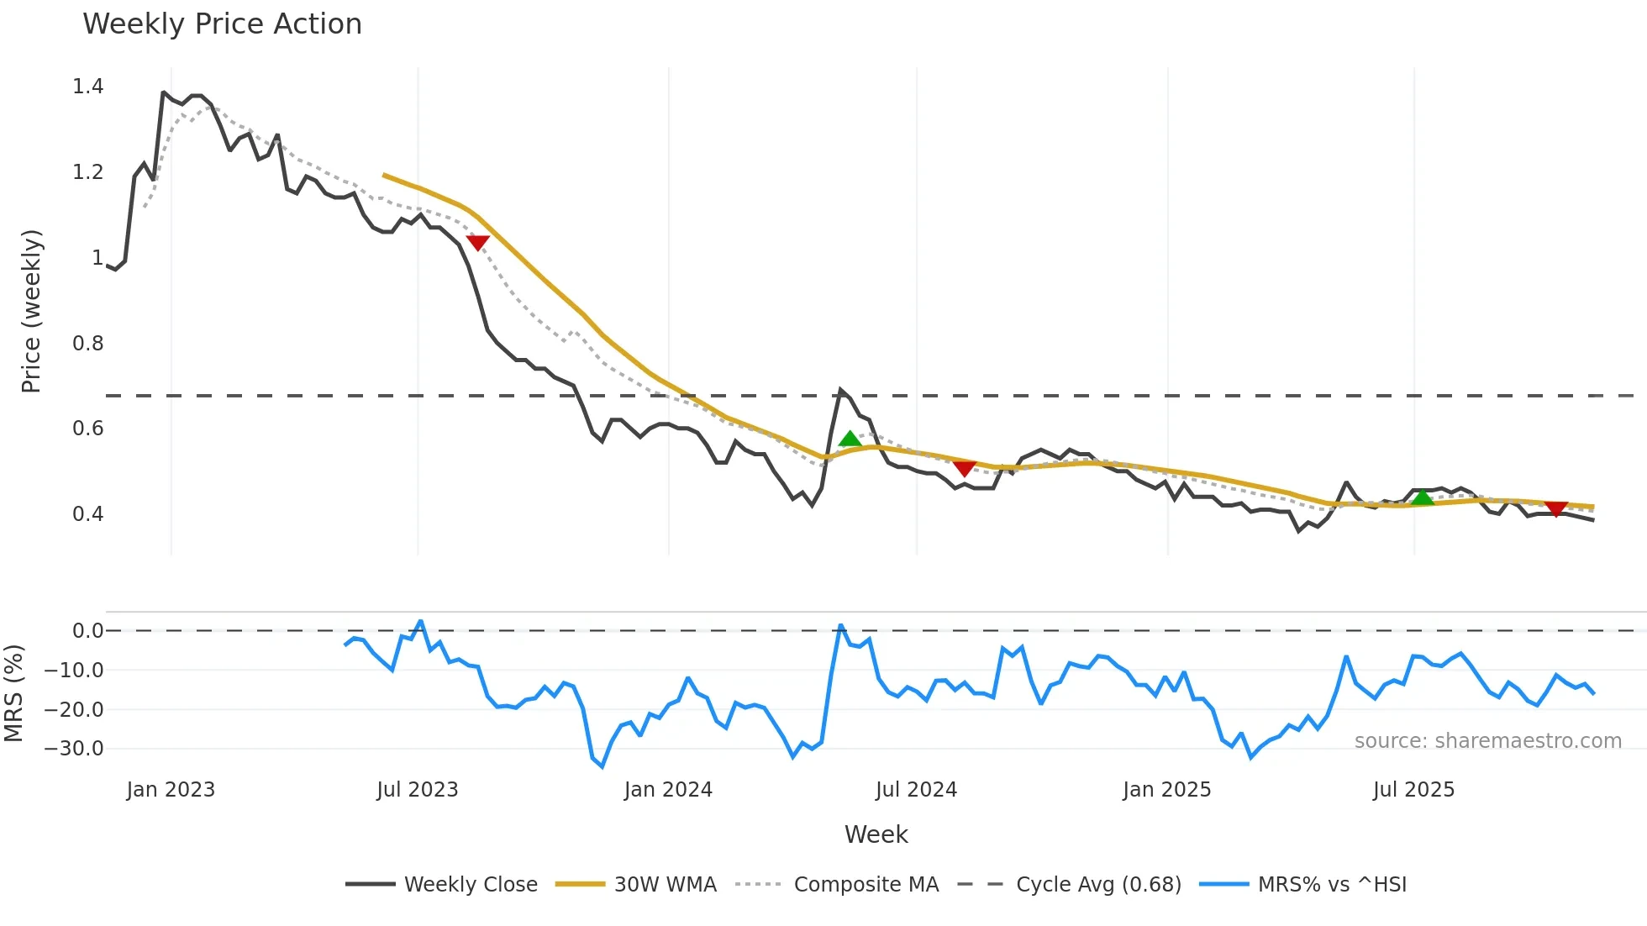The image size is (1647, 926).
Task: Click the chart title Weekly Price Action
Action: tap(222, 24)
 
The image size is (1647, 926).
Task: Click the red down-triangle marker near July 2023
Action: tap(477, 243)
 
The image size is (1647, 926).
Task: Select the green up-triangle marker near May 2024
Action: tap(850, 439)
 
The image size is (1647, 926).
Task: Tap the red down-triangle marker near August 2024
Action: tap(965, 468)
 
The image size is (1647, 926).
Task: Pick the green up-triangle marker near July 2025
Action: tap(1422, 498)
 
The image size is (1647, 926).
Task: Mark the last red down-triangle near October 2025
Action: tap(1555, 509)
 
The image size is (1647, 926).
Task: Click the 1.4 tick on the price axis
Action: tap(87, 87)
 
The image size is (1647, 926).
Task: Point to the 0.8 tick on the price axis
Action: tap(87, 344)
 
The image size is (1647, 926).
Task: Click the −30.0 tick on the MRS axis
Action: tap(74, 749)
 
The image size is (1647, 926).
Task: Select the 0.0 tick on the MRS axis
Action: tap(87, 631)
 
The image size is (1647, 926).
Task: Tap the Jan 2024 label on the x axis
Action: tap(668, 790)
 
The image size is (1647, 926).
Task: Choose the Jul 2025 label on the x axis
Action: tap(1413, 790)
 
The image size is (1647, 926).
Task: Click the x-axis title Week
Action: tap(876, 834)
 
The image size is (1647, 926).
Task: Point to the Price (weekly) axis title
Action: tap(31, 311)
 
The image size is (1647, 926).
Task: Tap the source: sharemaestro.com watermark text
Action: tap(1487, 741)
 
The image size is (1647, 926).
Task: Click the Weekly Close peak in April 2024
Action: tap(840, 391)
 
